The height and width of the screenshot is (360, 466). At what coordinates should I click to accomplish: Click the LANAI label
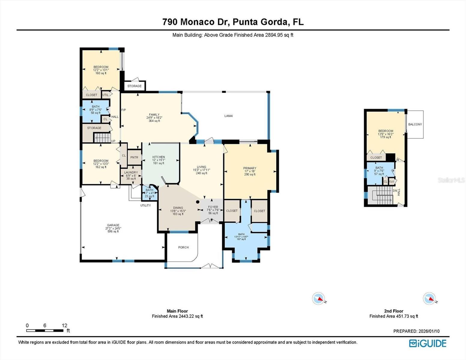tap(228, 116)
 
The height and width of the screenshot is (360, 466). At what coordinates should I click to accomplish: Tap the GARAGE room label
tap(113, 225)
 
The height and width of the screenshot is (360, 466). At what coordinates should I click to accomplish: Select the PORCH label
tap(183, 247)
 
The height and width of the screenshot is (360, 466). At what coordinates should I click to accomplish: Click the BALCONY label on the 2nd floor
tap(415, 124)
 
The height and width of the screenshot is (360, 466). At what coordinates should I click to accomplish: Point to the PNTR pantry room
tap(134, 157)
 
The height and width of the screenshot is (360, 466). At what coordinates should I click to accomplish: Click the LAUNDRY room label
tap(131, 172)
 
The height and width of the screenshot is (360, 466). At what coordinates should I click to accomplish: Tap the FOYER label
tap(213, 207)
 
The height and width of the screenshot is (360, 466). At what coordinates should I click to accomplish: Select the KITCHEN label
tap(159, 157)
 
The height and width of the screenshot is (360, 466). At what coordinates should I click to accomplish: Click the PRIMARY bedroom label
tap(250, 168)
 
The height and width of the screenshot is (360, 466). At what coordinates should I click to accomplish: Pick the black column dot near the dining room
tap(198, 202)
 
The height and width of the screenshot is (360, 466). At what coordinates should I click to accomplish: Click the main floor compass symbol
tap(318, 298)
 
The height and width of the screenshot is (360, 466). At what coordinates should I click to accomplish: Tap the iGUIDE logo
tap(428, 343)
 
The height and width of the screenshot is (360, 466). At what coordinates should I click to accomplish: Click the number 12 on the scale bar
tap(64, 325)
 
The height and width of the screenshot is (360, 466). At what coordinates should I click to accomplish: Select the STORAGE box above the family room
tap(135, 86)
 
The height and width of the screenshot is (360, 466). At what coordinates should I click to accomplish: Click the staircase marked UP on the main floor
tap(103, 138)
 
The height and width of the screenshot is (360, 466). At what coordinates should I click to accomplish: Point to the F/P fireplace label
tap(123, 110)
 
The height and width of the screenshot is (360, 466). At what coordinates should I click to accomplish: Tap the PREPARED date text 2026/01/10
tap(428, 331)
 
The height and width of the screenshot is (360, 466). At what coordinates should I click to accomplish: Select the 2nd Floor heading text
tap(393, 311)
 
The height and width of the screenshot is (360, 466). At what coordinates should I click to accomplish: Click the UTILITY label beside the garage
tap(146, 205)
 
